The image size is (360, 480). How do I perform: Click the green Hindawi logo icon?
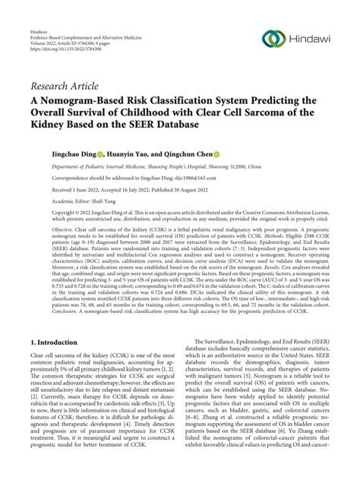[273, 39]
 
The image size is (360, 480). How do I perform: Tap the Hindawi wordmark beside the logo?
[313, 39]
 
